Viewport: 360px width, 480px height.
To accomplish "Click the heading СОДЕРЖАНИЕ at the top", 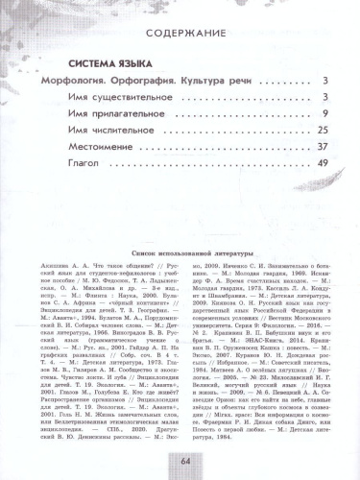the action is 179,21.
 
